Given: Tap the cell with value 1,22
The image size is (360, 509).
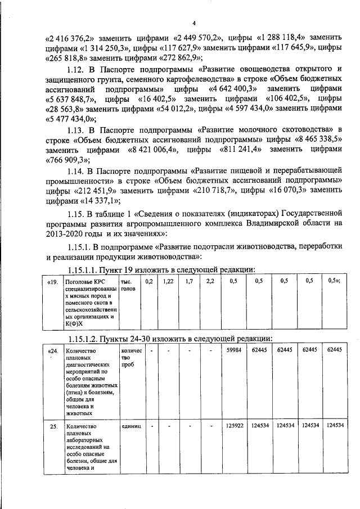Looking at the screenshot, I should [168, 281].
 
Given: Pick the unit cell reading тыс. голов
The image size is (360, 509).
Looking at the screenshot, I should [128, 285].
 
